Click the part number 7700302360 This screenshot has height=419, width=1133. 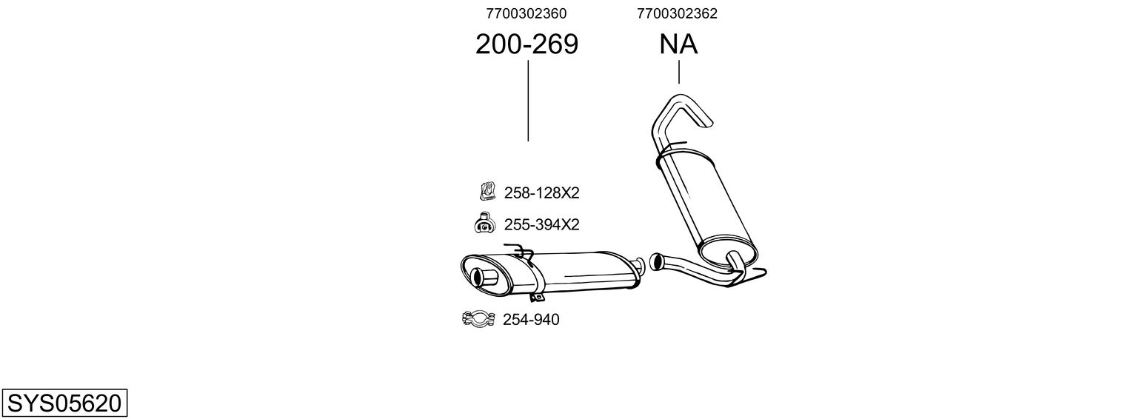[527, 13]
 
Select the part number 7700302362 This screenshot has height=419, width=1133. [678, 13]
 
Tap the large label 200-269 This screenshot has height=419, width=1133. [527, 45]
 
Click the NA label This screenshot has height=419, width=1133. [678, 45]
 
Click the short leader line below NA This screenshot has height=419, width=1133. [678, 73]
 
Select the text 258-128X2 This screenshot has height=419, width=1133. [541, 193]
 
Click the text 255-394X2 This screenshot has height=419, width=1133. [541, 224]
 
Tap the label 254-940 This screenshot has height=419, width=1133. [531, 320]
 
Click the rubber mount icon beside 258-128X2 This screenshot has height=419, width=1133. [487, 192]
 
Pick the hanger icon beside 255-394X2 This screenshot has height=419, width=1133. [484, 223]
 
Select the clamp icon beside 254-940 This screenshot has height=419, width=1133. [478, 319]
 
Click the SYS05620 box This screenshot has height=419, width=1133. [64, 403]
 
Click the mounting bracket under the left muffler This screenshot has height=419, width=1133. [537, 298]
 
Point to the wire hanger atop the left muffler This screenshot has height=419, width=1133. [520, 251]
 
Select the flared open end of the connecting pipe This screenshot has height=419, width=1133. [655, 261]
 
